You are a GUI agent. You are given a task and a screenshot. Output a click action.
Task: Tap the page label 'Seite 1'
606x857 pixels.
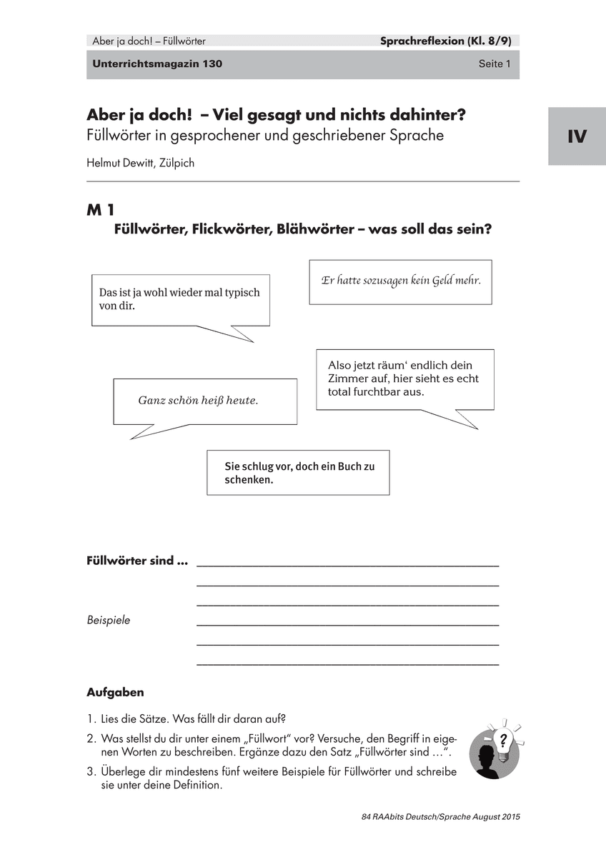click(495, 64)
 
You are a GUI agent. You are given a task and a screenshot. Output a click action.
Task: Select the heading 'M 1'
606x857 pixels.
click(101, 210)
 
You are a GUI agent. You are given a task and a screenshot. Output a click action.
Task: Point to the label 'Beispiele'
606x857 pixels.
click(109, 620)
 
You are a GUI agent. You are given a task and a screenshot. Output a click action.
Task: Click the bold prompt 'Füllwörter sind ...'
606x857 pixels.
click(137, 561)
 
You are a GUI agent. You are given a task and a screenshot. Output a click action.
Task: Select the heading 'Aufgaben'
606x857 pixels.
click(115, 692)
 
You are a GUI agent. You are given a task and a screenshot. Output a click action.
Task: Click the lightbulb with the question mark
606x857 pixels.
click(505, 739)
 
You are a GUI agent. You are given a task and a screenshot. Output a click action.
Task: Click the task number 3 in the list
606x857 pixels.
click(91, 772)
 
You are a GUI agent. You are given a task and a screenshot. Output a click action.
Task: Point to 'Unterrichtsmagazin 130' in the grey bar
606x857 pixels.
click(157, 64)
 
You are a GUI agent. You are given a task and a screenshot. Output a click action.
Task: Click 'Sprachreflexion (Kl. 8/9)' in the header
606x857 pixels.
click(449, 41)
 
